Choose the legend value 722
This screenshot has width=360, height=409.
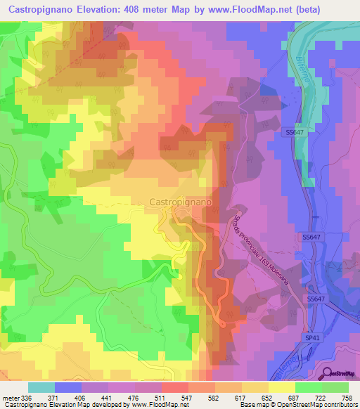tap(321, 397)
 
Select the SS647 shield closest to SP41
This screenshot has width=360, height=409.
tap(316, 299)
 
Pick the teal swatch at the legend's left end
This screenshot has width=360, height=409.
tap(41, 387)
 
